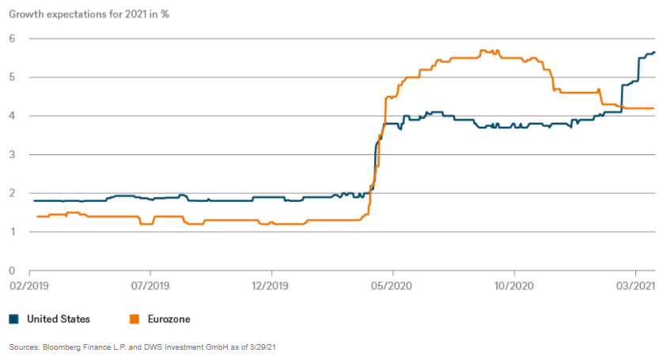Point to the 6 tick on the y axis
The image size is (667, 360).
pos(13,39)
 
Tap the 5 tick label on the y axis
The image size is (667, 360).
pos(13,78)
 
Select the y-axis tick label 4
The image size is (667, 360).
pos(13,116)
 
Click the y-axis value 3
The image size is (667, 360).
pos(13,155)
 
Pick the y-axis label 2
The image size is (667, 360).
pos(13,193)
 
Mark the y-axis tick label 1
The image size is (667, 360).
pos(13,232)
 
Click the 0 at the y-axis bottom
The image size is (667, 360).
pos(13,271)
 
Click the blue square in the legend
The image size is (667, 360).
pos(13,319)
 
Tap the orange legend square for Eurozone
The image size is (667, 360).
pos(135,319)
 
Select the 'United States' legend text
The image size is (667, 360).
pos(59,319)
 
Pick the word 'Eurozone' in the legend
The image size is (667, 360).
pos(169,319)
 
